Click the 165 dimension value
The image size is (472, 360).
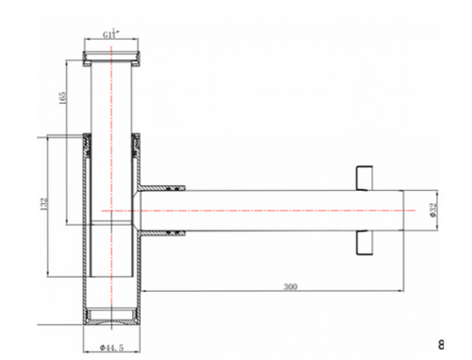click(x=63, y=98)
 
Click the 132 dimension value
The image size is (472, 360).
click(x=44, y=204)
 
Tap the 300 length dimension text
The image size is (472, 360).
click(x=290, y=286)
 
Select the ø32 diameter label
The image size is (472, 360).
click(x=433, y=210)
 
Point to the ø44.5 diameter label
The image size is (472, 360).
click(x=111, y=348)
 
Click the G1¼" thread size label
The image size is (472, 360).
click(x=111, y=33)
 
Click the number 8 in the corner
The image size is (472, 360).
click(x=441, y=344)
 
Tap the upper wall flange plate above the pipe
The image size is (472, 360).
click(x=364, y=178)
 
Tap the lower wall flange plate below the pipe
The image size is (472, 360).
click(x=364, y=243)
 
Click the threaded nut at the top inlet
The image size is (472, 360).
click(x=111, y=59)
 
